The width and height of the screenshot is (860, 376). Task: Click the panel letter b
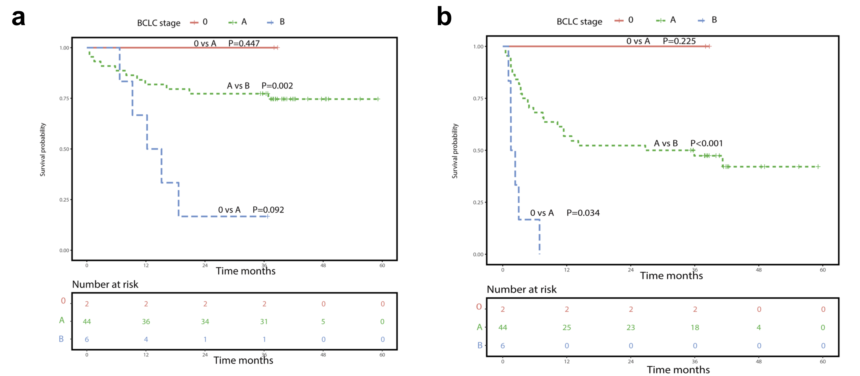pyautogui.click(x=444, y=17)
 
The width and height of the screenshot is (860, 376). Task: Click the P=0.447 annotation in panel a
pyautogui.click(x=244, y=43)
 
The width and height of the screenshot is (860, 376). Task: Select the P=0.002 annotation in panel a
pyautogui.click(x=277, y=86)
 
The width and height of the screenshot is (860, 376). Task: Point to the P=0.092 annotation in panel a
pyautogui.click(x=268, y=210)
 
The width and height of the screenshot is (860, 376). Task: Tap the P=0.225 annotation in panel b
pyautogui.click(x=679, y=41)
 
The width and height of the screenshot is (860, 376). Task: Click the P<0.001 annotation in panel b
pyautogui.click(x=707, y=143)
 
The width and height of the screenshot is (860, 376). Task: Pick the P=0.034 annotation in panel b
pyautogui.click(x=583, y=213)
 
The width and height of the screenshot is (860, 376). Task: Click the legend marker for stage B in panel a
pyautogui.click(x=270, y=22)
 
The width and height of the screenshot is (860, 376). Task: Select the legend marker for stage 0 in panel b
pyautogui.click(x=619, y=21)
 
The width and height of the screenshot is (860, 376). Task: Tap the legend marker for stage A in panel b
pyautogui.click(x=660, y=21)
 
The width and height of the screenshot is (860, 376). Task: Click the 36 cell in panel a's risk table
pyautogui.click(x=146, y=322)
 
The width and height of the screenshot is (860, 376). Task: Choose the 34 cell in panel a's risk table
pyautogui.click(x=205, y=322)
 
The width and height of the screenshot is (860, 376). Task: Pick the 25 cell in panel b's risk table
pyautogui.click(x=566, y=328)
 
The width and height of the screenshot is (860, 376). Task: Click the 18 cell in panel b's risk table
pyautogui.click(x=695, y=328)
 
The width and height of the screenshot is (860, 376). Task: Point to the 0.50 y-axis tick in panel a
pyautogui.click(x=64, y=149)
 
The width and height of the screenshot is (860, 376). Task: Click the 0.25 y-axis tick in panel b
pyautogui.click(x=478, y=202)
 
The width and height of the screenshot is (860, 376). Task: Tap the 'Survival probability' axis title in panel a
pyautogui.click(x=43, y=150)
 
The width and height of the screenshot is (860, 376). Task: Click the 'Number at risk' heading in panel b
pyautogui.click(x=521, y=289)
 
